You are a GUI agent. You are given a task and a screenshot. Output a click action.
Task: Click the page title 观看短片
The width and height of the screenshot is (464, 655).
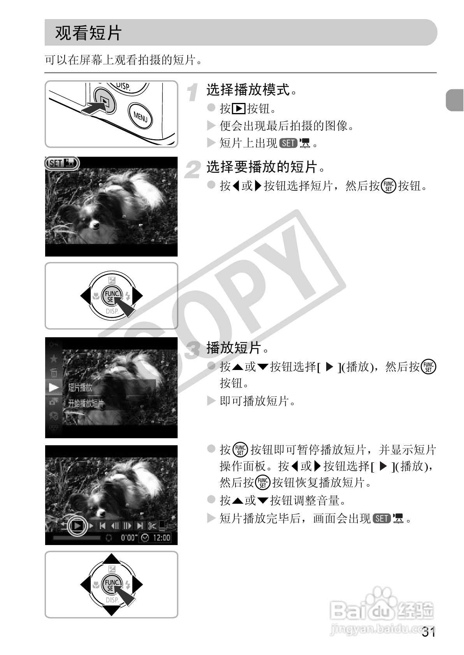pos(88,33)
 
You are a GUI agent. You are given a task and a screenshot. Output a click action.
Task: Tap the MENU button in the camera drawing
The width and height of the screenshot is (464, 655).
pos(140,116)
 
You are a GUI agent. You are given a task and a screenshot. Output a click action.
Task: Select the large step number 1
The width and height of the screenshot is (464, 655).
pos(192,92)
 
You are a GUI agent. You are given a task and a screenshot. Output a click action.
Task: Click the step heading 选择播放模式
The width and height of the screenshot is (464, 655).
pos(248,90)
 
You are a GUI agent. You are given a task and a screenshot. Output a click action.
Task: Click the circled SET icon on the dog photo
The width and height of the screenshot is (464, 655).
pos(62,163)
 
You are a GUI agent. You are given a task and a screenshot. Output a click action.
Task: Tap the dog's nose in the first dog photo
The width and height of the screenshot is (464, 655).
pos(95,225)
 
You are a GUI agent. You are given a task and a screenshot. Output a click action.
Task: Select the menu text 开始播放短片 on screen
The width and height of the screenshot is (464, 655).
pos(86,404)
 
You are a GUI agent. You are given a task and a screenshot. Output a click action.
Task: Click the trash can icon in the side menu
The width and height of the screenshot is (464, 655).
pos(54,373)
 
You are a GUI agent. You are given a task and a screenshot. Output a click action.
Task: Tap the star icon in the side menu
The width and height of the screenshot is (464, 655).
pos(54,359)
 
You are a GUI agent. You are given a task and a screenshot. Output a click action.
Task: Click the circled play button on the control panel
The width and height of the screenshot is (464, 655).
pos(77,526)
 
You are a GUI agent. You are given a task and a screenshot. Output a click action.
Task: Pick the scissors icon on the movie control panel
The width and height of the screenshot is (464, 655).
pos(152,526)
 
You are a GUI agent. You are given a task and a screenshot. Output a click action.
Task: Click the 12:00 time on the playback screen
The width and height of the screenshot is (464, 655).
pos(162,537)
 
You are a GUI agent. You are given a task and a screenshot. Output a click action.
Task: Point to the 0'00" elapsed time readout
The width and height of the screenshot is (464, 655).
pos(129,537)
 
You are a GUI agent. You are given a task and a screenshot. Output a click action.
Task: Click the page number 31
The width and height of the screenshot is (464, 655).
pos(429,640)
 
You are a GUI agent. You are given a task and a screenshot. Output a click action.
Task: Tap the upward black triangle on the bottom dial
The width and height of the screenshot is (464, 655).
pos(111,559)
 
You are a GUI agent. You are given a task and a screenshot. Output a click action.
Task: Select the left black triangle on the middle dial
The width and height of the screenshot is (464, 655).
pos(86,296)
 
